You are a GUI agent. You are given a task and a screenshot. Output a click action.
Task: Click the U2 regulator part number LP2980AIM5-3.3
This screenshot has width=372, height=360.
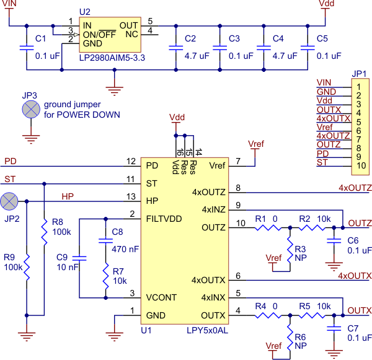[x=112, y=58]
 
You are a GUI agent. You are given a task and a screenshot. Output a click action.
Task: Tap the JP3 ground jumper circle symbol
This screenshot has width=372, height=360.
[x=31, y=109]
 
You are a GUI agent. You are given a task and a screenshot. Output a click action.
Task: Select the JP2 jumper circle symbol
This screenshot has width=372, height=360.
[x=9, y=201]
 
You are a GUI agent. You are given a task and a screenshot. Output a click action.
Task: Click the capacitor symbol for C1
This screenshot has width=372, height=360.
[x=27, y=48]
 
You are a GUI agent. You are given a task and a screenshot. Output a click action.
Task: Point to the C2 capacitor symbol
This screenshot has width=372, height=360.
[x=176, y=48]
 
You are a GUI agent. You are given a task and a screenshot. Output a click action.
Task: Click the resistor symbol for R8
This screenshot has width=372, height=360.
[x=44, y=232]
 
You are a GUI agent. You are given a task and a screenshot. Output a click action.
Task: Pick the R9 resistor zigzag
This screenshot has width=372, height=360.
[x=27, y=267]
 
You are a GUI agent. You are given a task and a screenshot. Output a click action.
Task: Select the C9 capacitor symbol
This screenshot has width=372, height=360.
[x=79, y=258]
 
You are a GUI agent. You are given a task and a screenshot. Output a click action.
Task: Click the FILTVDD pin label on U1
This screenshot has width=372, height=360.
[x=164, y=219]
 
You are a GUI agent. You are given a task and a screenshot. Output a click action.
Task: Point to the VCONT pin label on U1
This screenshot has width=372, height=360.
[x=161, y=297]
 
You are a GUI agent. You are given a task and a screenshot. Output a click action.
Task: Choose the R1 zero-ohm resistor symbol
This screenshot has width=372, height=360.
[x=268, y=227]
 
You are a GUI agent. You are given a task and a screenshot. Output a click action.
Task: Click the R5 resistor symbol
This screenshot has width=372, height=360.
[x=312, y=315]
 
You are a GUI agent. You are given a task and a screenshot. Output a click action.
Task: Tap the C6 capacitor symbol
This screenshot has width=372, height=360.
[x=334, y=241]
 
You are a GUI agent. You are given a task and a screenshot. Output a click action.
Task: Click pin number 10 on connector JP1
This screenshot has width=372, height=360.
[x=361, y=165]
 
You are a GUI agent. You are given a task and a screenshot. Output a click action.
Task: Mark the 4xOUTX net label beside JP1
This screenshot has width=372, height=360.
[x=334, y=118]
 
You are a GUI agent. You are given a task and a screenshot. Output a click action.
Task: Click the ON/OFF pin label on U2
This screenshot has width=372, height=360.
[x=99, y=35]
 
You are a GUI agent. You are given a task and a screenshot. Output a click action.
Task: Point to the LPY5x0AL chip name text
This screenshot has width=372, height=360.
[x=207, y=330]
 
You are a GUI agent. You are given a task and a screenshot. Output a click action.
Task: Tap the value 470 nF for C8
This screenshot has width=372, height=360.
[x=125, y=249]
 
